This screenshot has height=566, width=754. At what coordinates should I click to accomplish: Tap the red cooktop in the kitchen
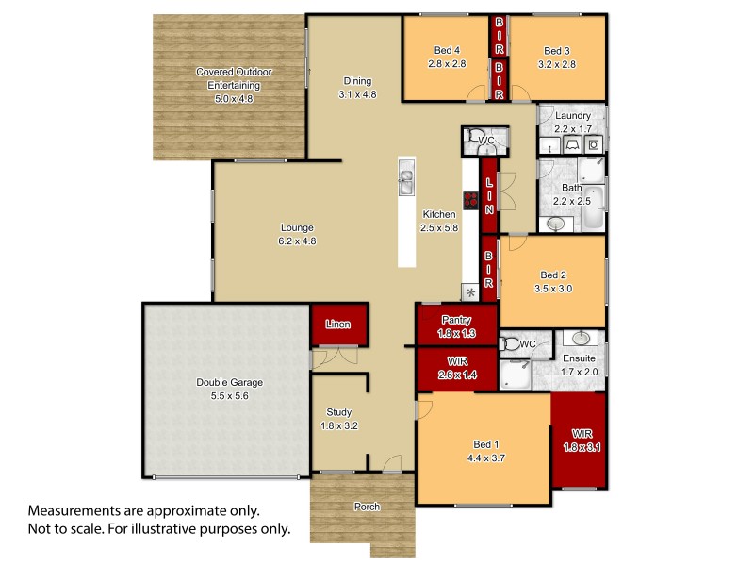coord(470,200)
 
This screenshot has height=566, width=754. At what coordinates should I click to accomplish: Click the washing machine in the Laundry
coord(595,144)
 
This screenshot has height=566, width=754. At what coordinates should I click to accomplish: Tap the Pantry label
coord(456,321)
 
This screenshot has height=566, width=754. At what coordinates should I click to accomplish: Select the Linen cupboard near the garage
coord(337,325)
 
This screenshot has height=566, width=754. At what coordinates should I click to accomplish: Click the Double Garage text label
coord(229,382)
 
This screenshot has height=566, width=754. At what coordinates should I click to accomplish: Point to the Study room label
coord(338,411)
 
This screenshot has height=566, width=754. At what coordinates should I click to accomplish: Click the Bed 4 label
coord(447,51)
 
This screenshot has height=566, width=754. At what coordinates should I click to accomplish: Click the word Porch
coord(367,507)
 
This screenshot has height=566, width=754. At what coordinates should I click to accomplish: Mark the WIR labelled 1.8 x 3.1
coord(581,441)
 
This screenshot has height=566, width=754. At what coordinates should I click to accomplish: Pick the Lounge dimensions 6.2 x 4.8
coord(297,241)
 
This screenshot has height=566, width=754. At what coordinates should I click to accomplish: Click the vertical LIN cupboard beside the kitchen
coord(488,194)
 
